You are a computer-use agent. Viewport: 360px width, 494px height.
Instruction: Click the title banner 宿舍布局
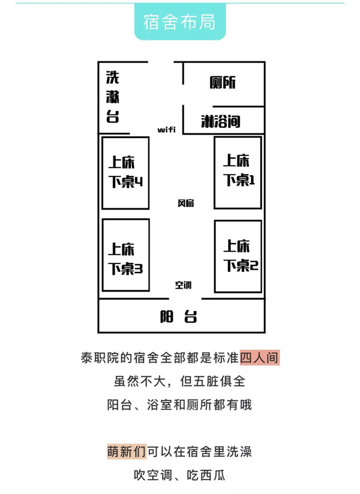pos(180,22)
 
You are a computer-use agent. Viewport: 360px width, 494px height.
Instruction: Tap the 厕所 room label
pos(223,83)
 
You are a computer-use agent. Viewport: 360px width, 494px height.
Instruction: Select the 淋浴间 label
pos(220,121)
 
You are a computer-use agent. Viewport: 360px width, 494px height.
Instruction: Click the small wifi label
pos(166,130)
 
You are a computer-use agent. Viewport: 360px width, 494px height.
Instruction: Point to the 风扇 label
pos(185,203)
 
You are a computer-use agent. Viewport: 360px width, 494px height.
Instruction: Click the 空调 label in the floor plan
pos(183,285)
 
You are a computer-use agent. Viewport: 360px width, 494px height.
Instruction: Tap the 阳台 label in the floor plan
pos(179,316)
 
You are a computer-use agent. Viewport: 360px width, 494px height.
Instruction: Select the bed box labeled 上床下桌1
pos(238,173)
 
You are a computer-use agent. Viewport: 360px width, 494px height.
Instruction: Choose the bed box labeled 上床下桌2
pos(238,256)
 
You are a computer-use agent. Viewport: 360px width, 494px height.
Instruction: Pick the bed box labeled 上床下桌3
pos(125,255)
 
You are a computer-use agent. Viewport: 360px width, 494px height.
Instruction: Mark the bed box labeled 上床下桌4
pos(125,173)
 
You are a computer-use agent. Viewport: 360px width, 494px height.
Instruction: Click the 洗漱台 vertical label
pos(112,97)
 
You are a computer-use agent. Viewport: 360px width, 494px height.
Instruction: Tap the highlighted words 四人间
pos(260,358)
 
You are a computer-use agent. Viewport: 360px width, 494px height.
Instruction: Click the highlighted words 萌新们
pos(127,451)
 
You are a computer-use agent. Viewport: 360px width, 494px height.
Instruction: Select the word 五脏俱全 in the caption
pos(212,381)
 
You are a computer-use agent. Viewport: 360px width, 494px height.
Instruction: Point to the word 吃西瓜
pos(206,475)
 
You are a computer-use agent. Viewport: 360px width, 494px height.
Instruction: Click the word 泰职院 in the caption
pos(100,358)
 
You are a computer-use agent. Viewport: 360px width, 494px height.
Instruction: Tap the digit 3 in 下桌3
pos(139,269)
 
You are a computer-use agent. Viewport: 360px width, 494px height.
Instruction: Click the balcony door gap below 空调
pos(185,298)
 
